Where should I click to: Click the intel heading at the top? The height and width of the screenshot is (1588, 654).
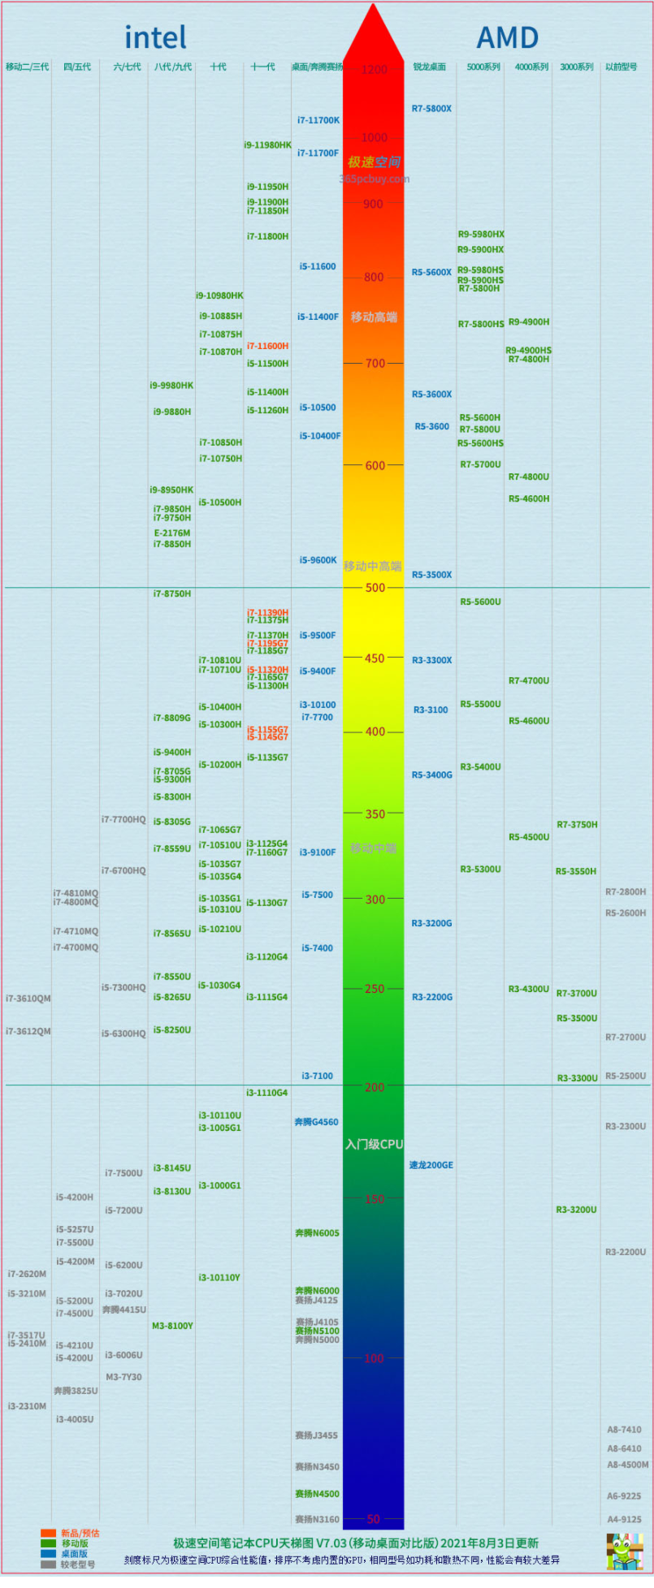pyautogui.click(x=155, y=37)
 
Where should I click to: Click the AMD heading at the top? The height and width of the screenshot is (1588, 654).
pyautogui.click(x=507, y=37)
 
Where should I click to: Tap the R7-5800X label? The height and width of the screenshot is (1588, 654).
pyautogui.click(x=431, y=109)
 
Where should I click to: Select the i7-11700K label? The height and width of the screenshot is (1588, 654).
pyautogui.click(x=318, y=120)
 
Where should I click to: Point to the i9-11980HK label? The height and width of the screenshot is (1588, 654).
pyautogui.click(x=267, y=145)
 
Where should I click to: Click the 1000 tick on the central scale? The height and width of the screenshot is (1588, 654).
pyautogui.click(x=375, y=137)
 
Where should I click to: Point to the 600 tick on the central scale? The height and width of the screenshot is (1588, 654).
pyautogui.click(x=375, y=465)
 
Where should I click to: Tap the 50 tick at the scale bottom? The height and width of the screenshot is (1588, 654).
pyautogui.click(x=374, y=1518)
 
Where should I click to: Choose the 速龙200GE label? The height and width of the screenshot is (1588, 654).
pyautogui.click(x=431, y=1165)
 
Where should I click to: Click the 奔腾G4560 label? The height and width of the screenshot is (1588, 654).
pyautogui.click(x=316, y=1122)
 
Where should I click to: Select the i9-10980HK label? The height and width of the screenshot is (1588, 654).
pyautogui.click(x=219, y=296)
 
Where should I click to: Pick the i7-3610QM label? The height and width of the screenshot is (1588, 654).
pyautogui.click(x=28, y=999)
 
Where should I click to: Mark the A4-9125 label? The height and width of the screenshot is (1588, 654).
pyautogui.click(x=624, y=1519)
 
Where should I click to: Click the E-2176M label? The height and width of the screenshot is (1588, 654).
pyautogui.click(x=172, y=533)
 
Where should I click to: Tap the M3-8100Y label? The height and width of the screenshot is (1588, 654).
pyautogui.click(x=172, y=1326)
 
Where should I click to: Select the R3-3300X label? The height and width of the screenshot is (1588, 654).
pyautogui.click(x=431, y=660)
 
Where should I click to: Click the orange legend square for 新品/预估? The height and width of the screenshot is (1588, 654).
pyautogui.click(x=48, y=1534)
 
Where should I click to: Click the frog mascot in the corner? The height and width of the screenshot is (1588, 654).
pyautogui.click(x=624, y=1551)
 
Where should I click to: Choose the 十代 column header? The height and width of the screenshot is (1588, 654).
pyautogui.click(x=219, y=67)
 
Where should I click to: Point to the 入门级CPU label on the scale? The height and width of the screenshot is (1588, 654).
pyautogui.click(x=374, y=1144)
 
